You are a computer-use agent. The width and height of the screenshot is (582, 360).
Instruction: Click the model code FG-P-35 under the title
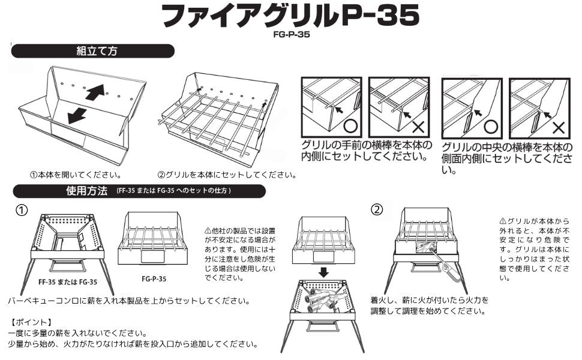[x=292, y=35]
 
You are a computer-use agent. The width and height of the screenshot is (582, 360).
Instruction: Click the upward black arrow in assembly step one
[x=95, y=92]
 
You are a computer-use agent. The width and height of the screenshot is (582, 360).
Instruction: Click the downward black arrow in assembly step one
[x=77, y=115]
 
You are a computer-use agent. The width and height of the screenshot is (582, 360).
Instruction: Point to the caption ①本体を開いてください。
[x=76, y=175]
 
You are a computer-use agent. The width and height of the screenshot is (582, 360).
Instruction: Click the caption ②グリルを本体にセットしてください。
[x=227, y=175]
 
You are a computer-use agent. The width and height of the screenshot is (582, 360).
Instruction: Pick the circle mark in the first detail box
[x=350, y=126]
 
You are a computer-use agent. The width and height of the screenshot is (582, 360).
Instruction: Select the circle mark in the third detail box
[x=491, y=127]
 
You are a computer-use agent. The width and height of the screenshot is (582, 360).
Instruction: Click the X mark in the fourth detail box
[x=558, y=128]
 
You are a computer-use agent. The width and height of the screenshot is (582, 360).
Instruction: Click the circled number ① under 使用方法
[x=21, y=211]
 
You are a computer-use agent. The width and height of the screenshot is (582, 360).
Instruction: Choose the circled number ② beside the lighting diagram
[x=377, y=209]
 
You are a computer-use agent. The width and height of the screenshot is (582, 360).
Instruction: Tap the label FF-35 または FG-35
[x=68, y=282]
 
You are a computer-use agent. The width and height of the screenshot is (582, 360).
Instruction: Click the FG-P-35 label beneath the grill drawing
[x=154, y=279]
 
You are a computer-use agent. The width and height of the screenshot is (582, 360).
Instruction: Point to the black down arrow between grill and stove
[x=323, y=273]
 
